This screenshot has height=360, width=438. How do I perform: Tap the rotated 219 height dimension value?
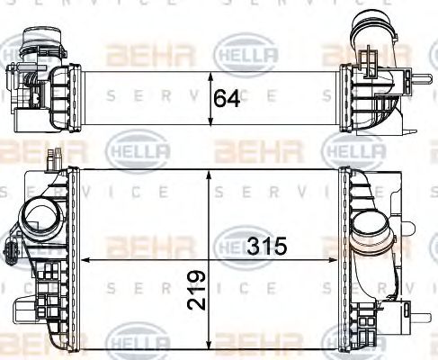[199, 288]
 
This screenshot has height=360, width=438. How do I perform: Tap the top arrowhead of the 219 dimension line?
[209, 173]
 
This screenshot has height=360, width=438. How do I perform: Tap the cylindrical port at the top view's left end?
[35, 40]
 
